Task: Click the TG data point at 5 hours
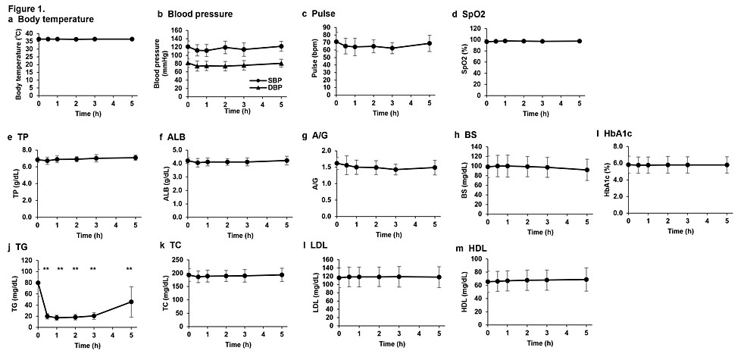pyautogui.click(x=131, y=302)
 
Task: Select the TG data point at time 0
pyautogui.click(x=38, y=283)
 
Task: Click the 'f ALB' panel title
pyautogui.click(x=170, y=137)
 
